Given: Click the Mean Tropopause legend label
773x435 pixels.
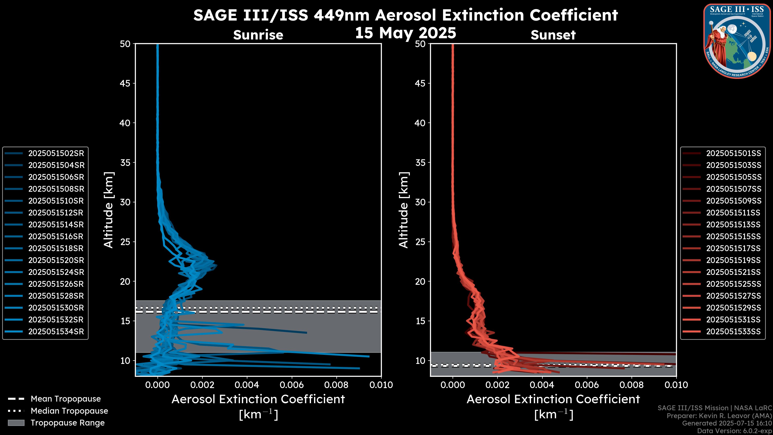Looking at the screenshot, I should (66, 399).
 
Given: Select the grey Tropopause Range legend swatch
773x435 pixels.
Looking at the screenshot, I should (16, 423).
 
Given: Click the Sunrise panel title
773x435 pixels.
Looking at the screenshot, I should (258, 35).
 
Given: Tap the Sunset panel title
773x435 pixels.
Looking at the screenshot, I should (553, 35).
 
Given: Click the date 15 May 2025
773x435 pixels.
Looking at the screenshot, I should (405, 33).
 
